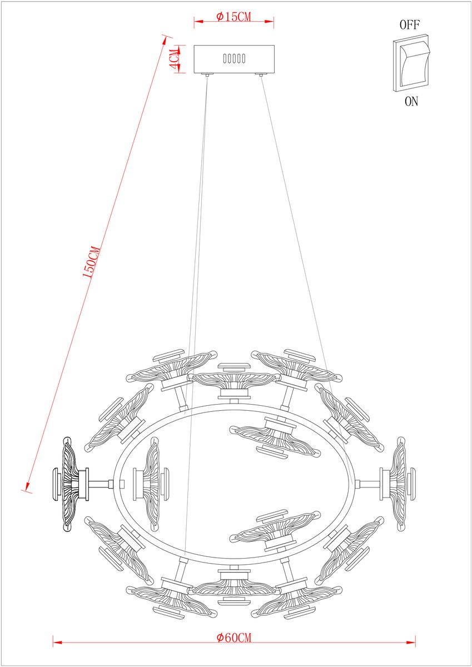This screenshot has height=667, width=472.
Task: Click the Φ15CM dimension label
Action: [234, 17]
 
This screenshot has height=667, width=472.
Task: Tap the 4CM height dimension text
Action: [175, 59]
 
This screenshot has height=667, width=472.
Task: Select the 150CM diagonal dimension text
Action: [91, 262]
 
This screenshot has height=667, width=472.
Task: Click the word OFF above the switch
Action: [410, 25]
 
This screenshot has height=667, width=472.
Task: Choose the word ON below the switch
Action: [411, 102]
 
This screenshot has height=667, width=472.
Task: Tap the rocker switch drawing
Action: [411, 63]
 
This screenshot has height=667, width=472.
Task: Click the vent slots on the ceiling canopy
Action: [235, 58]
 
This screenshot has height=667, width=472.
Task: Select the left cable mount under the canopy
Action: [207, 74]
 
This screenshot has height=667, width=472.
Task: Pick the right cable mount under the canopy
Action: [261, 74]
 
